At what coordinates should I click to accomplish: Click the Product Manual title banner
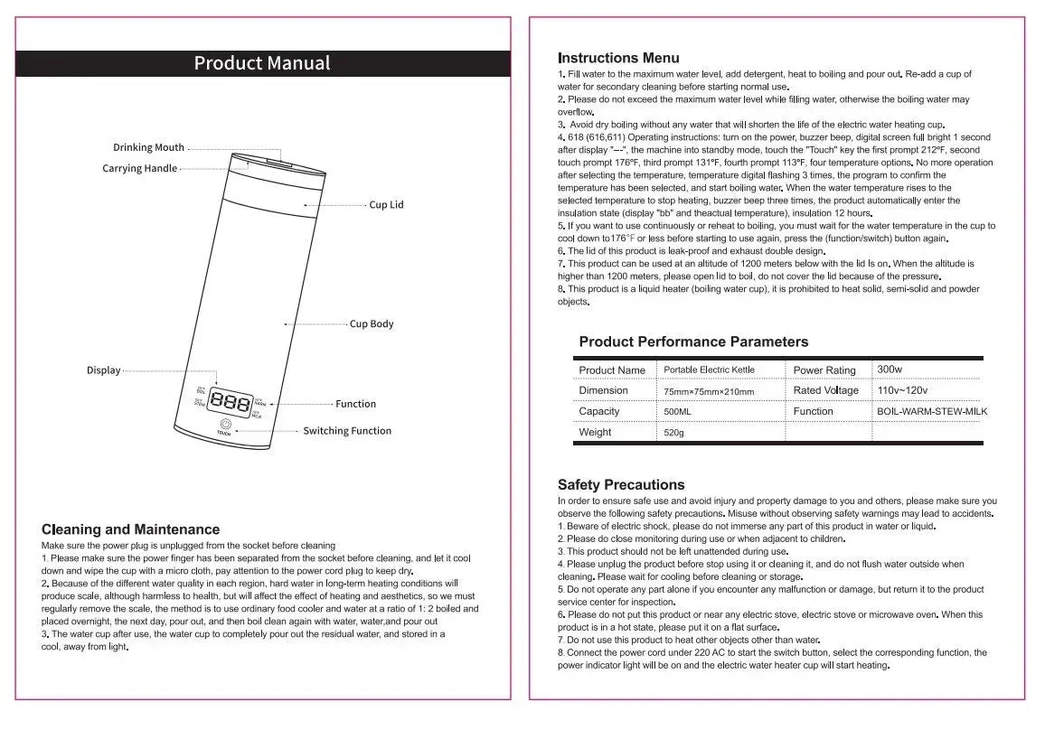coord(262,63)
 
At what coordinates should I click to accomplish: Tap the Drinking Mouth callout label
coord(148,147)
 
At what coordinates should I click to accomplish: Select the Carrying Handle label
coord(140,169)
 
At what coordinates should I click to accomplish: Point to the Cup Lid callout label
coord(386,205)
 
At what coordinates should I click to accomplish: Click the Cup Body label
coord(372,323)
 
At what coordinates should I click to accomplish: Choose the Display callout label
coord(103,370)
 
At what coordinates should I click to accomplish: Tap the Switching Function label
coord(347,431)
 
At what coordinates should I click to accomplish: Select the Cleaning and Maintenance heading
coord(130,529)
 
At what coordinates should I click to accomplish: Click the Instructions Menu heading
coord(618,58)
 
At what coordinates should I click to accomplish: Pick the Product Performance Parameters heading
coord(693,342)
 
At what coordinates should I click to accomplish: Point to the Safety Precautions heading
coord(621,485)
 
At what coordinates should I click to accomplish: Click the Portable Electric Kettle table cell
coord(709,370)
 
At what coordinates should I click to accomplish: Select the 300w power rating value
coord(890,370)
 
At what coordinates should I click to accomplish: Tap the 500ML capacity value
coord(678,411)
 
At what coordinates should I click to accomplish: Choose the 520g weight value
coord(674,433)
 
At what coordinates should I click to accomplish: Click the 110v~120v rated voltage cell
coord(902,390)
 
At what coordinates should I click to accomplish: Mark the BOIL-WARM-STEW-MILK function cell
coord(932,411)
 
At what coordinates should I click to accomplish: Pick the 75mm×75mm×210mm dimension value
coord(709,391)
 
